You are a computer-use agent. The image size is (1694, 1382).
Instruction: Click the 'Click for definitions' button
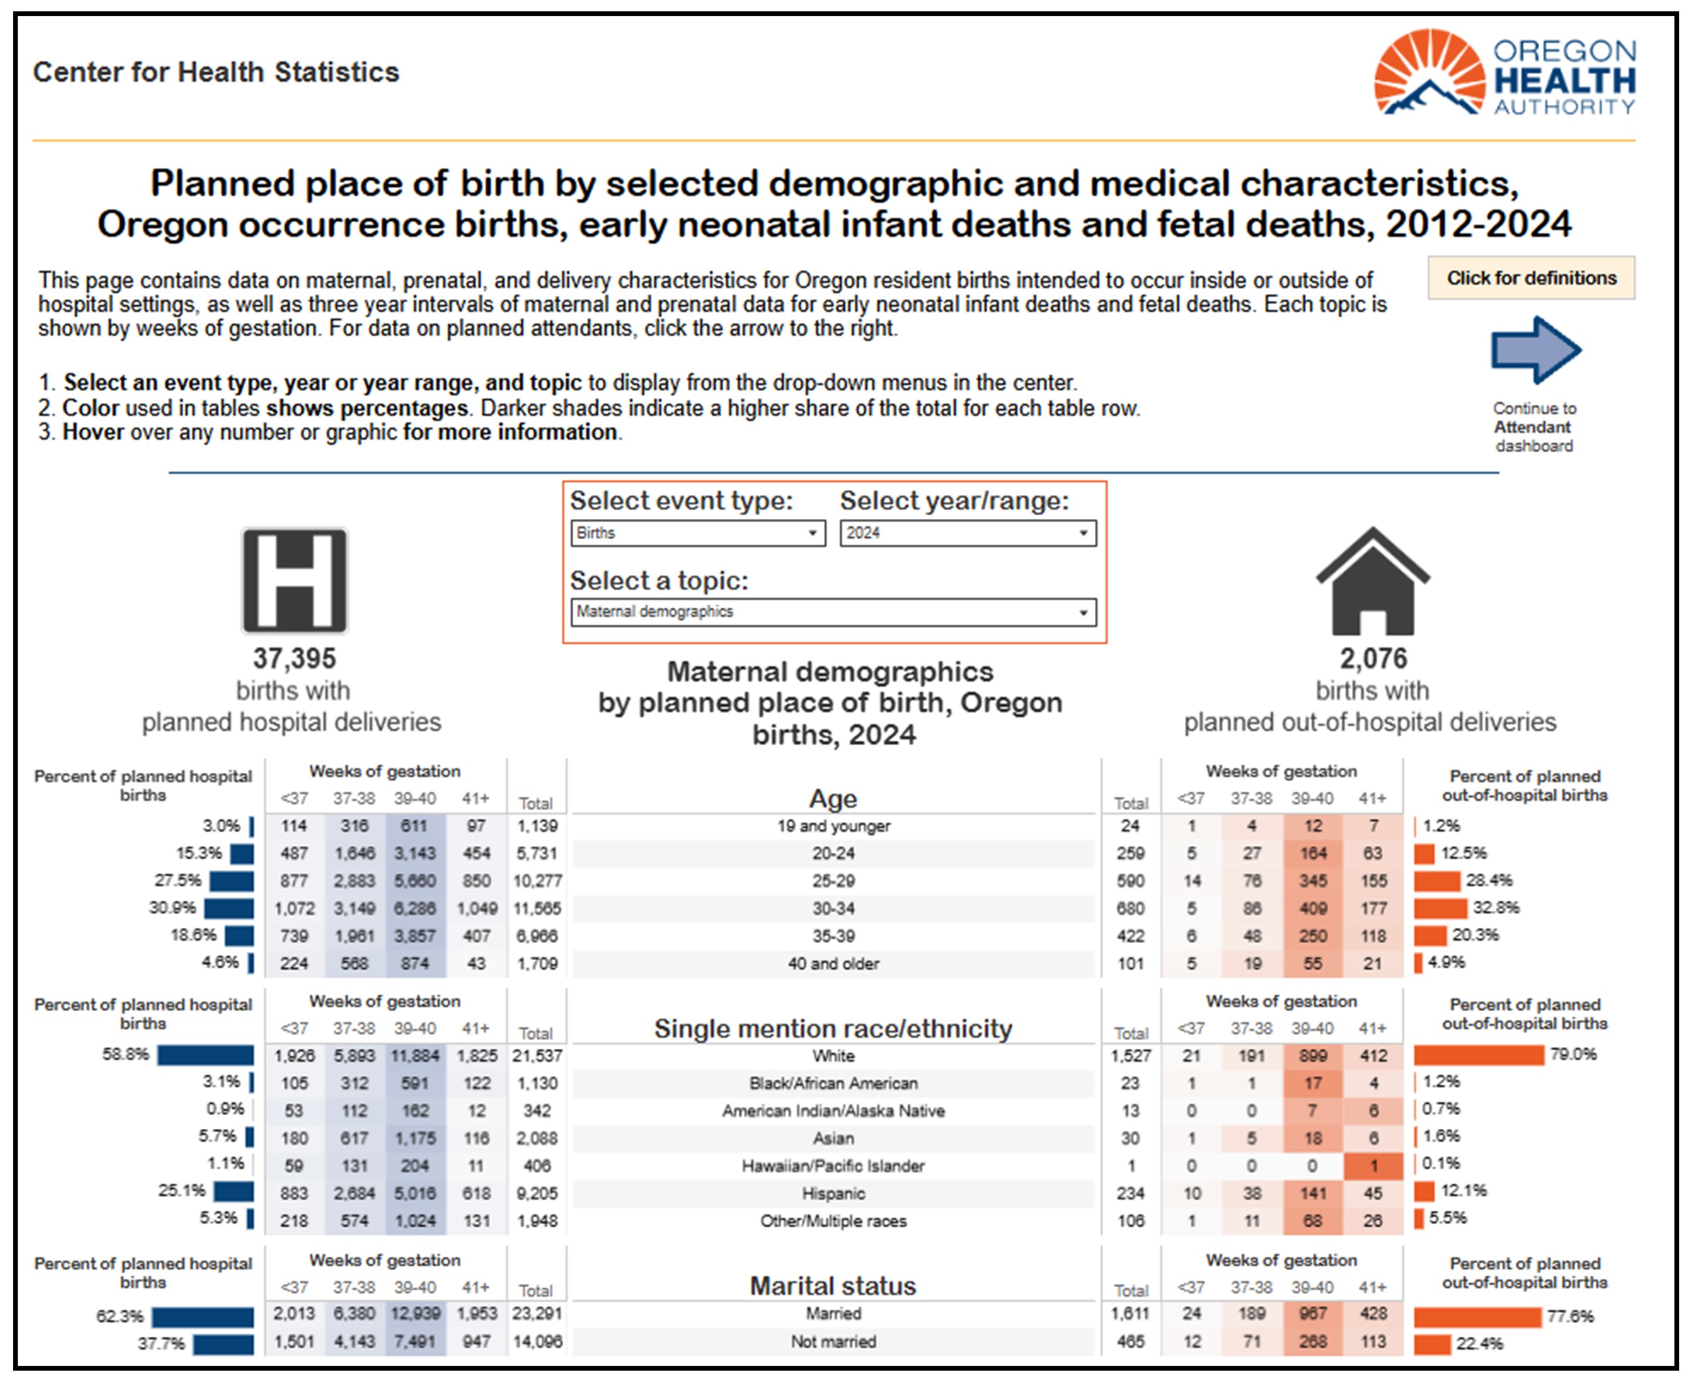click(1531, 278)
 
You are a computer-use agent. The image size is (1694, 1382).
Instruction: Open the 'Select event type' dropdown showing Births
click(697, 533)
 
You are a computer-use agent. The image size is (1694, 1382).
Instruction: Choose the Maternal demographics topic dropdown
click(833, 612)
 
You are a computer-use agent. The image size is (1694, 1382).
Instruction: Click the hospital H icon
click(295, 580)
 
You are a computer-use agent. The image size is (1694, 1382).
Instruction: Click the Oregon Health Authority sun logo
click(1429, 73)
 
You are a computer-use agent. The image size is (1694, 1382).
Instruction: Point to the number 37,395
click(295, 659)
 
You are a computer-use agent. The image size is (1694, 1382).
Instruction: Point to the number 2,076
click(1373, 659)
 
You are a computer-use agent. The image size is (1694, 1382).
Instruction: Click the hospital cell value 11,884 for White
click(415, 1056)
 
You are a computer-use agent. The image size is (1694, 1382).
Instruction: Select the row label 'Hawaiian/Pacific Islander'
click(833, 1166)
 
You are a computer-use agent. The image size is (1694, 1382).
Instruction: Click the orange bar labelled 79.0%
click(1479, 1055)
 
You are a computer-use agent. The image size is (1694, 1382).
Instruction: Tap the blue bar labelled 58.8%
click(206, 1055)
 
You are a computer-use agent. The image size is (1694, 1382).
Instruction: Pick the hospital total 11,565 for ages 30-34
click(537, 908)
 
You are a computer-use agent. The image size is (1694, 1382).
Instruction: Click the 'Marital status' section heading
click(833, 1286)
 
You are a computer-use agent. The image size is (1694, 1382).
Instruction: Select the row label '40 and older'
click(833, 964)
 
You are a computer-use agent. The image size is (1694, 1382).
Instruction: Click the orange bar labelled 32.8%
click(1440, 908)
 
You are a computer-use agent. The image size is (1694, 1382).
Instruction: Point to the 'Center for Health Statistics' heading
click(216, 72)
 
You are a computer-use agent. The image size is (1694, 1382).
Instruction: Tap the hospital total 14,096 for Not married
click(537, 1342)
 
